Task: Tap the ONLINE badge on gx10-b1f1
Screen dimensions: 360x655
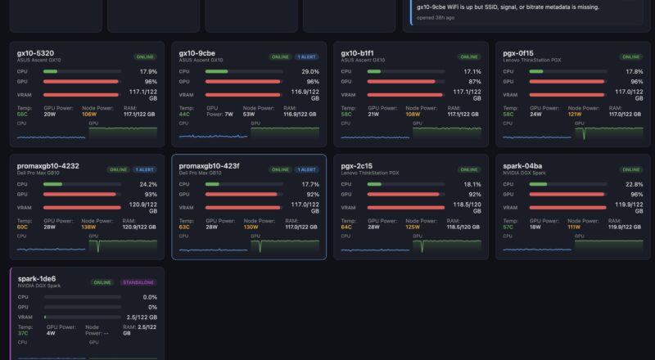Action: (x=469, y=57)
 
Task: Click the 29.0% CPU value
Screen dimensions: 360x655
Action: (x=310, y=71)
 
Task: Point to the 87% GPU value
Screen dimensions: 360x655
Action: (x=475, y=82)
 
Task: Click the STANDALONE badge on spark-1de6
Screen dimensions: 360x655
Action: (x=138, y=282)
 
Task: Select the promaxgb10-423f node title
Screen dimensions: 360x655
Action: (x=210, y=166)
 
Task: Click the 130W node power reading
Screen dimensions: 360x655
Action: (x=251, y=227)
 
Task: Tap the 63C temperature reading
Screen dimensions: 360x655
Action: (x=184, y=227)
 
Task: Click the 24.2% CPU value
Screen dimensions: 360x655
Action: (x=148, y=184)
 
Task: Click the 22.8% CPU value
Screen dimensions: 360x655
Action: (x=634, y=184)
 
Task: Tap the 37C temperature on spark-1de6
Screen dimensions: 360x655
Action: (x=22, y=333)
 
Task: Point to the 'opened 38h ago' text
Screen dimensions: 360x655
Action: (x=435, y=16)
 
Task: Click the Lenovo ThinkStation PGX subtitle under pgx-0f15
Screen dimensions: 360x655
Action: (x=532, y=61)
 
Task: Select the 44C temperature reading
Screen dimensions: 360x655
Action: (x=184, y=115)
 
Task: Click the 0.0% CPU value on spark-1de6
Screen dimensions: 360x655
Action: (x=150, y=297)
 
